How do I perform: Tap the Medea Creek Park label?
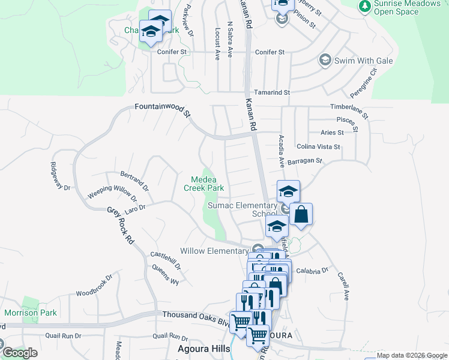point(207,184)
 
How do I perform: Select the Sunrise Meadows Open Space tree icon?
point(364,6)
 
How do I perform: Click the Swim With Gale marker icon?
point(325,60)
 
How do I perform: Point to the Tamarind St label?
point(272,93)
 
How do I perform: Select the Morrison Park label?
point(31,313)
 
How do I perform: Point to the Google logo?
point(20,352)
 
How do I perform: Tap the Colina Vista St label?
point(318,146)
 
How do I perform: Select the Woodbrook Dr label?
point(94,286)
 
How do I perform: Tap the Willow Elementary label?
point(214,251)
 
